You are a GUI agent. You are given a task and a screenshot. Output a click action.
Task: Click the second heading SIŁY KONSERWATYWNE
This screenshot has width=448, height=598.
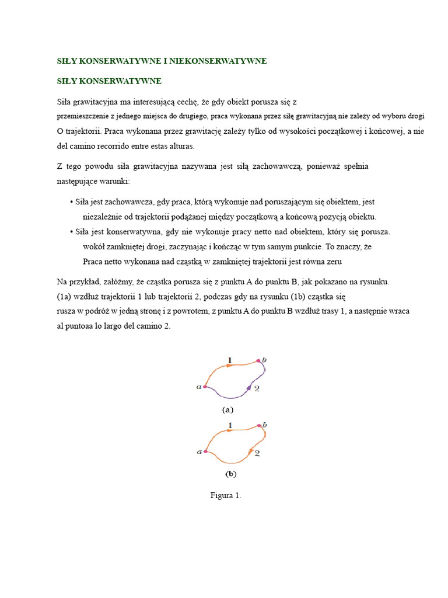tap(109, 81)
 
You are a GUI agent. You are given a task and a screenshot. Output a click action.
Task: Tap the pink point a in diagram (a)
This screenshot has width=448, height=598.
tap(205, 386)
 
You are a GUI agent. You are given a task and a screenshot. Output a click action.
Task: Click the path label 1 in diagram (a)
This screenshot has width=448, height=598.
tap(230, 361)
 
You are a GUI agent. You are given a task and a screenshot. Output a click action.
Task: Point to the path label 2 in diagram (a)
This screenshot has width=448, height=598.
tap(257, 388)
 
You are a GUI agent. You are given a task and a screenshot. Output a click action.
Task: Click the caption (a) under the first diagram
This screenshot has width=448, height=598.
tap(228, 410)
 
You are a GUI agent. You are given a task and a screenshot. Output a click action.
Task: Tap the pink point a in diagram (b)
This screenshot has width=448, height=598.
tap(205, 451)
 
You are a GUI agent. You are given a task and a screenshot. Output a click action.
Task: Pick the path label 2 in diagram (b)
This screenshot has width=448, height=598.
tap(257, 453)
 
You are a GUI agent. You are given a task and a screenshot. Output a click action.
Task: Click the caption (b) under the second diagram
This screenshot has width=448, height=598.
tap(231, 474)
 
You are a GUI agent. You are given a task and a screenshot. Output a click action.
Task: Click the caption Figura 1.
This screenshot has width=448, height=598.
tap(226, 496)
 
